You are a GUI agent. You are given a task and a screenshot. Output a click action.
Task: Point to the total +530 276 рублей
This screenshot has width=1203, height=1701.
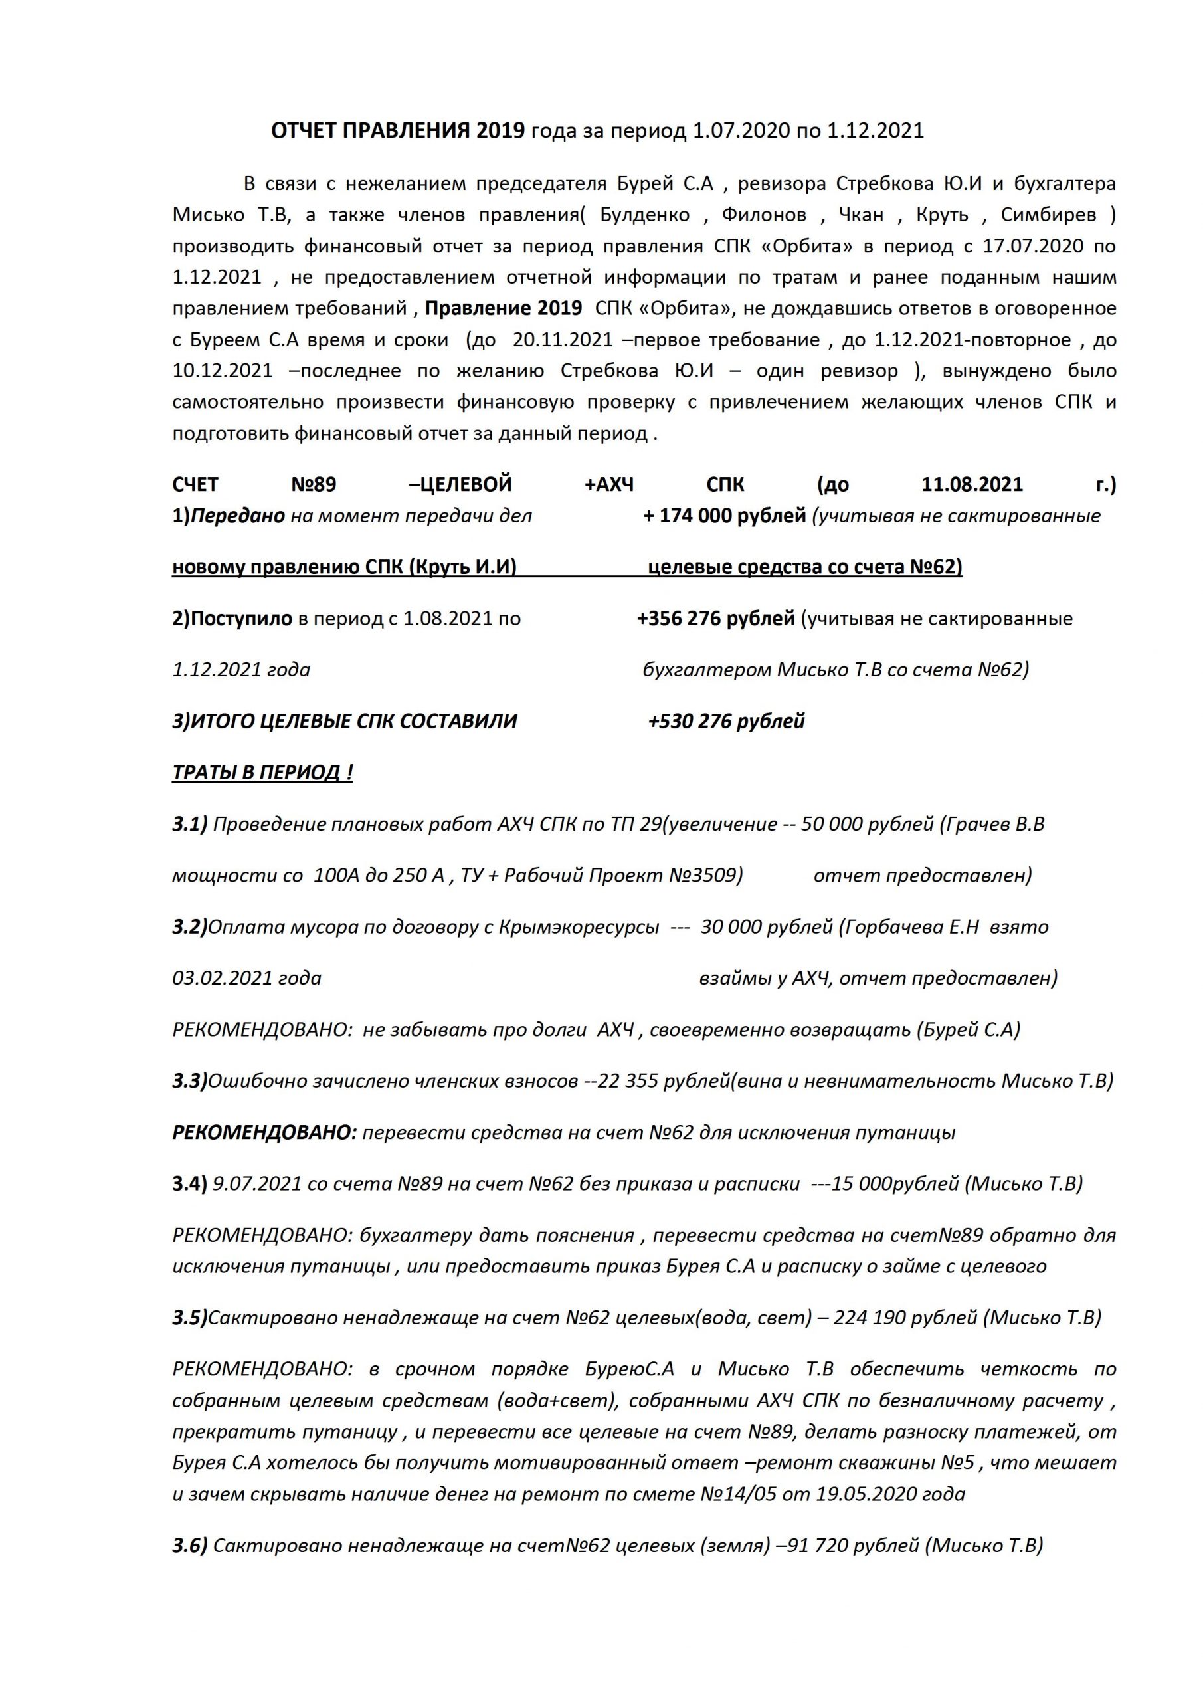[x=726, y=721]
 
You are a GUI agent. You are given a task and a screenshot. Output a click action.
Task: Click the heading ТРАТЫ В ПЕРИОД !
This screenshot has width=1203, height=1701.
[x=262, y=773]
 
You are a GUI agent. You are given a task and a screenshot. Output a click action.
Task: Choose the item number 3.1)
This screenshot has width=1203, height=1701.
[x=189, y=824]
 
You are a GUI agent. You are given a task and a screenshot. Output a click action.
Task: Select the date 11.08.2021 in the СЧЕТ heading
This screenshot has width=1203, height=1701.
[x=972, y=484]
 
